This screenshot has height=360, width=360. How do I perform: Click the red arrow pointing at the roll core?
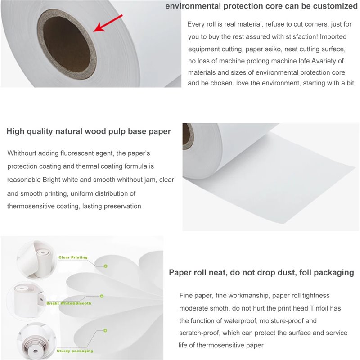(x=108, y=23)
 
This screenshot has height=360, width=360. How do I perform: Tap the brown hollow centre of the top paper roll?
(x=66, y=44)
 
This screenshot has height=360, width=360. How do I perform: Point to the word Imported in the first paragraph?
(x=333, y=36)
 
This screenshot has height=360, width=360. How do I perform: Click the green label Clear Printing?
(x=73, y=257)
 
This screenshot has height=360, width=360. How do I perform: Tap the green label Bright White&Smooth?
(x=69, y=303)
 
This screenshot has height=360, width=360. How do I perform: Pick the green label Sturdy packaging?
(x=75, y=351)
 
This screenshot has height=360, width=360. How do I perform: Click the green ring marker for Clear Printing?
(x=106, y=266)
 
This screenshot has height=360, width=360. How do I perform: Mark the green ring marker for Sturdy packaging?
(x=105, y=330)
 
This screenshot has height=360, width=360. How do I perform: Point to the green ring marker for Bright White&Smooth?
(x=102, y=296)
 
